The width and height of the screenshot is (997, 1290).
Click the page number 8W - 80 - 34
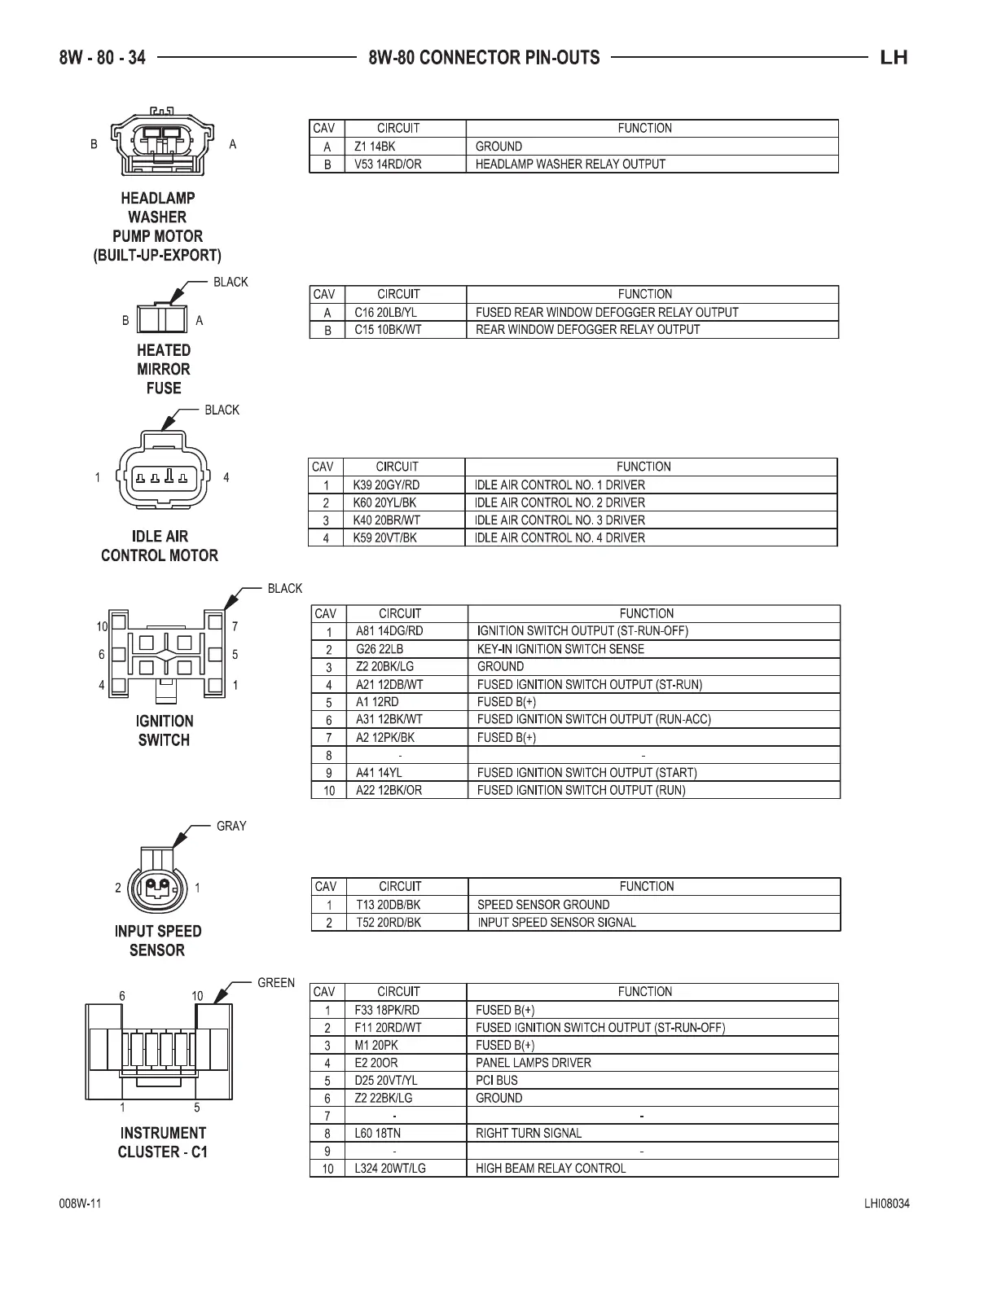coord(102,58)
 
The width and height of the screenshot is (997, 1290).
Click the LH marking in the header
coord(894,58)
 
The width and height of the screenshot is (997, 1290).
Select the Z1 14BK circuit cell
coord(375,147)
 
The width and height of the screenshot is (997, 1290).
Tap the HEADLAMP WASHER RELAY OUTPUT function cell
coord(570,165)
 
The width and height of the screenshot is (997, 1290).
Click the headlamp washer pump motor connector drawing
coord(162,143)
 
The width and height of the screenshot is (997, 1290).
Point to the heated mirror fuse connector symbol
coord(161,318)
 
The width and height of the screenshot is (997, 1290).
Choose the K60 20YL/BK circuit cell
coord(384,502)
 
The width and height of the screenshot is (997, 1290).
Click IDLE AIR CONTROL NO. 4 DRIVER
coord(560,538)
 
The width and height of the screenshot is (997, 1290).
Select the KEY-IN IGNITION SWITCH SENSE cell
coord(560,649)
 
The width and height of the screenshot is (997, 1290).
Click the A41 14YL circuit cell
coord(379,773)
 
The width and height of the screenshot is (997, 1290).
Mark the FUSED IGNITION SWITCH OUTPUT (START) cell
coord(586,773)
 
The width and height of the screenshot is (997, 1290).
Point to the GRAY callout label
coord(231,827)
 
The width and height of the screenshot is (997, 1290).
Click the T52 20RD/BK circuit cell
coord(389,923)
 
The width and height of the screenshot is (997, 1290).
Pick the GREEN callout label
coord(276,983)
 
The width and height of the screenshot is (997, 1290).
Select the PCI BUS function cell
coord(497,1081)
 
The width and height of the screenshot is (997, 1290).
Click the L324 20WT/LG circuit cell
coord(390,1169)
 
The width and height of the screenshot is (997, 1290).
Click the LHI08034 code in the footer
coord(887,1204)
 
